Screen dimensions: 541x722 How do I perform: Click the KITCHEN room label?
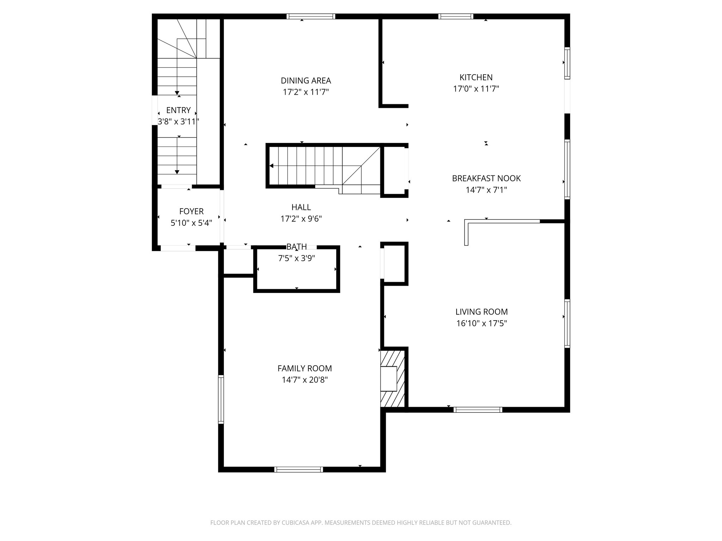click(476, 77)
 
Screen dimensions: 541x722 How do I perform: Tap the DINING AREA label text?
click(306, 81)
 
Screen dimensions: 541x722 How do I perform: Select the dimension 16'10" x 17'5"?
click(482, 323)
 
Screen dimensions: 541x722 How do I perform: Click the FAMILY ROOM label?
click(305, 368)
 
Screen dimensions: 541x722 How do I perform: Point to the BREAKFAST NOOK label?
click(486, 178)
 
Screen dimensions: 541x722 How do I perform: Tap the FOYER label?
click(191, 211)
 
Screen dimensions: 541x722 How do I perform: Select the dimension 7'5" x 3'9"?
click(296, 259)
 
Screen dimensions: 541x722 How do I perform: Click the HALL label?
click(301, 207)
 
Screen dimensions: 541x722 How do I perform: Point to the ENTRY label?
click(178, 110)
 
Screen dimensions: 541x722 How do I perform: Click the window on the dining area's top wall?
click(311, 16)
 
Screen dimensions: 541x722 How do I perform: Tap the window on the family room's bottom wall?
click(299, 469)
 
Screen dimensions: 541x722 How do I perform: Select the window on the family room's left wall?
click(221, 399)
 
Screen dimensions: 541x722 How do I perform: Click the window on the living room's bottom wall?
click(478, 410)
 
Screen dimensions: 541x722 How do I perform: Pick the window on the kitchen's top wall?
click(455, 16)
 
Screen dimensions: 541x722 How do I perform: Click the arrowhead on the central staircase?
click(271, 166)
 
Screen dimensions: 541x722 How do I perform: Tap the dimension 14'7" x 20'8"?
click(305, 380)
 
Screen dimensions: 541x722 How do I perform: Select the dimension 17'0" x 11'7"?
click(476, 89)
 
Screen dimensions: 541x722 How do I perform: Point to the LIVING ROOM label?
click(482, 312)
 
